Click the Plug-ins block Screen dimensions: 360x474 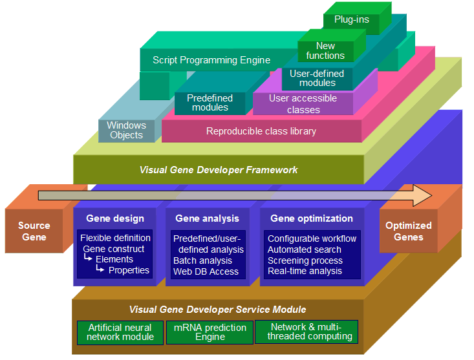(x=352, y=19)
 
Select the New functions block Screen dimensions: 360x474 (x=325, y=50)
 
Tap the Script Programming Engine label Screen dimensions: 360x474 (x=211, y=60)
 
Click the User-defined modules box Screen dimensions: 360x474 (x=317, y=78)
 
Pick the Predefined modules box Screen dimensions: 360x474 (x=210, y=103)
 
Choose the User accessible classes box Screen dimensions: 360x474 (x=303, y=104)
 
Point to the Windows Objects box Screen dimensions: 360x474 (x=127, y=130)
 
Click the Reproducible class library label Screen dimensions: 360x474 (x=261, y=131)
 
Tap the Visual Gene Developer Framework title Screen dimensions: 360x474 (x=219, y=170)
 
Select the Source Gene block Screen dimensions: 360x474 (x=34, y=231)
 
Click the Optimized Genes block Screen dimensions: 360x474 (x=408, y=231)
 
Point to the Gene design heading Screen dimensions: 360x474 (x=114, y=218)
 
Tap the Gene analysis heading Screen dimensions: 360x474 (x=207, y=218)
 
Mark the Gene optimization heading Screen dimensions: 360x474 (x=312, y=218)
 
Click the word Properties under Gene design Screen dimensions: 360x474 (x=129, y=270)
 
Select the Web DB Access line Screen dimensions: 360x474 (x=206, y=271)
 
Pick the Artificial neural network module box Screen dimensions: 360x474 (x=120, y=332)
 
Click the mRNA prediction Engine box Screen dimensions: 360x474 (x=210, y=332)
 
